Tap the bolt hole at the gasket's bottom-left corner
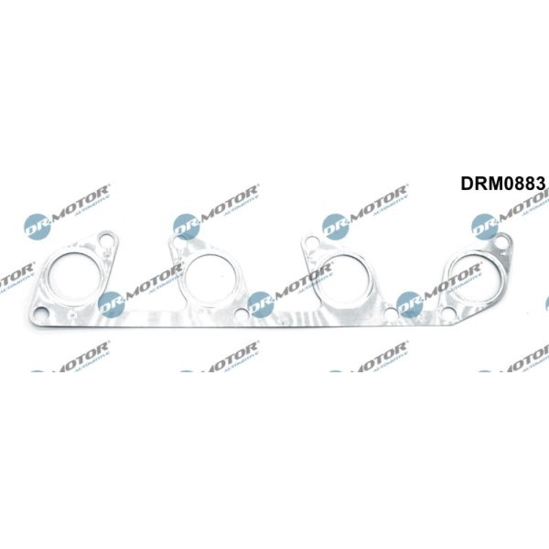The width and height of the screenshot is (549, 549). [x=40, y=313]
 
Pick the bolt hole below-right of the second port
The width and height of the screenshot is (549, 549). [x=240, y=315]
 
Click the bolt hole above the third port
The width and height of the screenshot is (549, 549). [x=310, y=242]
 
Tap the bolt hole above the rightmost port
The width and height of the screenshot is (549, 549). [x=501, y=242]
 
